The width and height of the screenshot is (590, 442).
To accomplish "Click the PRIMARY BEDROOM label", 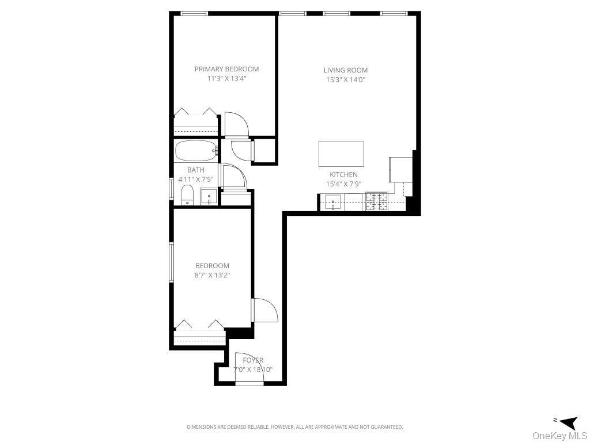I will click(x=226, y=69).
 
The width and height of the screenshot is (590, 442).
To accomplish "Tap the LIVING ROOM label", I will click(x=345, y=70).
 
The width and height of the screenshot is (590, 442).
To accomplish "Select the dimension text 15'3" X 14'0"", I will click(x=345, y=80).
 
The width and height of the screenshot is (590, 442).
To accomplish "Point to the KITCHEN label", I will click(x=343, y=174).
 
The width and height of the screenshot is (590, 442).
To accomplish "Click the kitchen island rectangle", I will click(x=341, y=154).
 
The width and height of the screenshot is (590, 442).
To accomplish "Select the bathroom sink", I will click(x=209, y=197).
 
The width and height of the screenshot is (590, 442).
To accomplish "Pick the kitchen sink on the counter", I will click(x=333, y=203).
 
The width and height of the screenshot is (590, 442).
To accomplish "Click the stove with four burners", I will click(x=377, y=202).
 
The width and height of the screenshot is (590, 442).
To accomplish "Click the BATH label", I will click(x=195, y=170).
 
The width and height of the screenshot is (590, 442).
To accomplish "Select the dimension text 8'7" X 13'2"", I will click(x=212, y=275).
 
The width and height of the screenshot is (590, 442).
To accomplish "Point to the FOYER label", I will click(x=253, y=360).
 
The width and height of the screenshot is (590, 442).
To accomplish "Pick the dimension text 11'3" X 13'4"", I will click(x=226, y=79).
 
